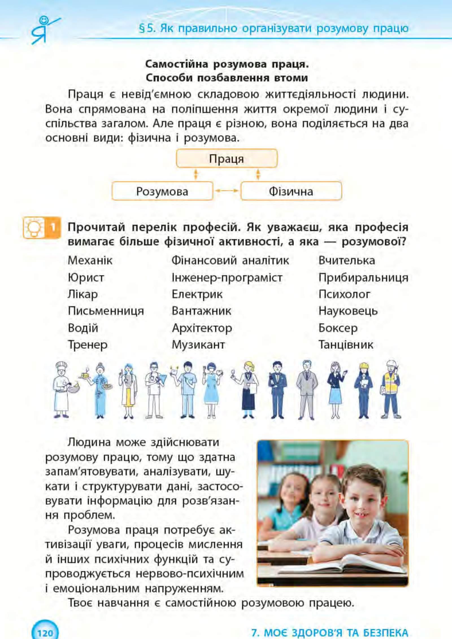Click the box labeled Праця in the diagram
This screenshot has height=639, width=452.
click(227, 158)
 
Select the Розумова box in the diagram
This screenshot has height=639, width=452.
click(162, 191)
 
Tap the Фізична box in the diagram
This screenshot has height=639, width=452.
click(291, 191)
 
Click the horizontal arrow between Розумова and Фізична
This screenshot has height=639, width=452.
click(227, 191)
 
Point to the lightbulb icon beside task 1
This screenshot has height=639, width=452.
click(34, 227)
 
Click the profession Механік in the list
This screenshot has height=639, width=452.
click(90, 260)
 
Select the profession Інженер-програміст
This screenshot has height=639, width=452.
click(227, 278)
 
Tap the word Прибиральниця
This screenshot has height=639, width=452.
click(363, 278)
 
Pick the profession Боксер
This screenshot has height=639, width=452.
click(338, 328)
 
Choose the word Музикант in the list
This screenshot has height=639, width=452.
click(198, 344)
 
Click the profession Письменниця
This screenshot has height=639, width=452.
click(106, 311)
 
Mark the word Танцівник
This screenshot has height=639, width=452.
click(346, 344)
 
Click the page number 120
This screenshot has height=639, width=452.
click(45, 633)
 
